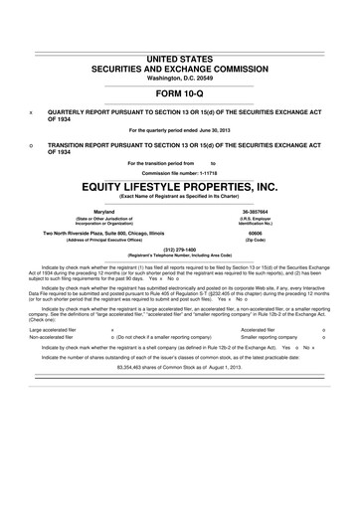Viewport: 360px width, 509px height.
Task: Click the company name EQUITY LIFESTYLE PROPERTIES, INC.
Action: click(180, 185)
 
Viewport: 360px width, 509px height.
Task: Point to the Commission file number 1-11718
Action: click(179, 172)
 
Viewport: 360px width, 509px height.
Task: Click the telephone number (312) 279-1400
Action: click(179, 251)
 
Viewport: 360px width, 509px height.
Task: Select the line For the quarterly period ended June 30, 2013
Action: click(179, 129)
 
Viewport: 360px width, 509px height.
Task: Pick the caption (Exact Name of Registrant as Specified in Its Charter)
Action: click(179, 197)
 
